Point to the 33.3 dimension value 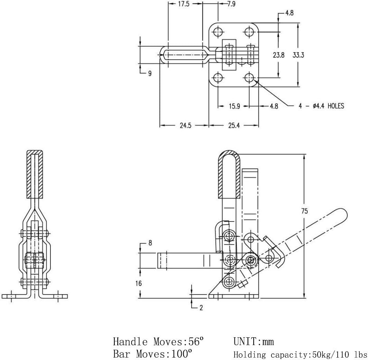[x=298, y=55]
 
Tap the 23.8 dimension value [x=278, y=55]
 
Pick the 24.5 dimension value [x=185, y=126]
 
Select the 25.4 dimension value [x=233, y=126]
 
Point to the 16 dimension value [x=139, y=283]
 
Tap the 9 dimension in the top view [x=149, y=73]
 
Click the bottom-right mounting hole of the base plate [x=249, y=77]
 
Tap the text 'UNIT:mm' [x=253, y=341]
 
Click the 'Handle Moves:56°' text [x=158, y=341]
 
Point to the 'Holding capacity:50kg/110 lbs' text [x=300, y=354]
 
